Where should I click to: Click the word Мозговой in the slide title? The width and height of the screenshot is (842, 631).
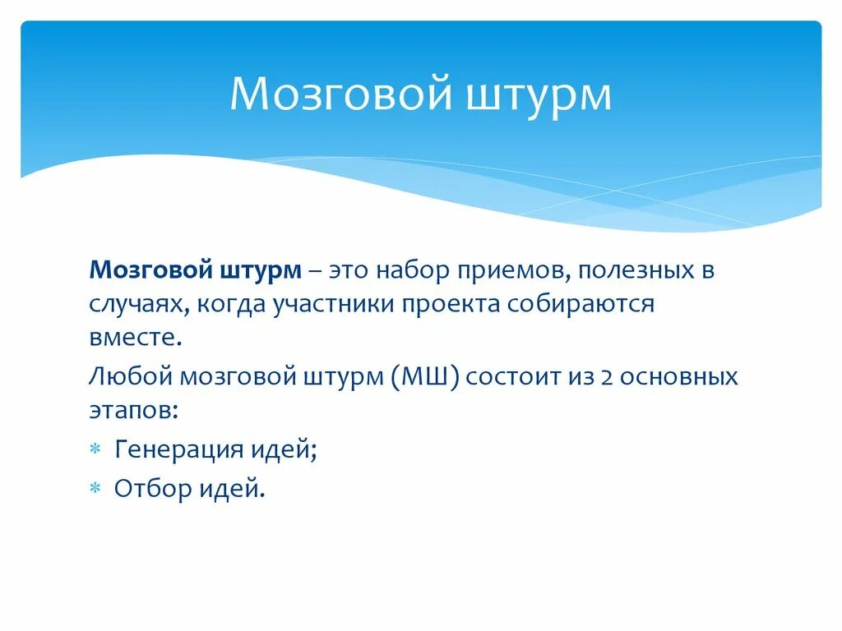click(340, 94)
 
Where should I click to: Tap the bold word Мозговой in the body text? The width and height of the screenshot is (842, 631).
click(150, 270)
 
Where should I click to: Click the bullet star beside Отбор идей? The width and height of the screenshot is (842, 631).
click(95, 489)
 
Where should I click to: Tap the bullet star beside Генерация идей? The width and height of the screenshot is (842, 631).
click(95, 449)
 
